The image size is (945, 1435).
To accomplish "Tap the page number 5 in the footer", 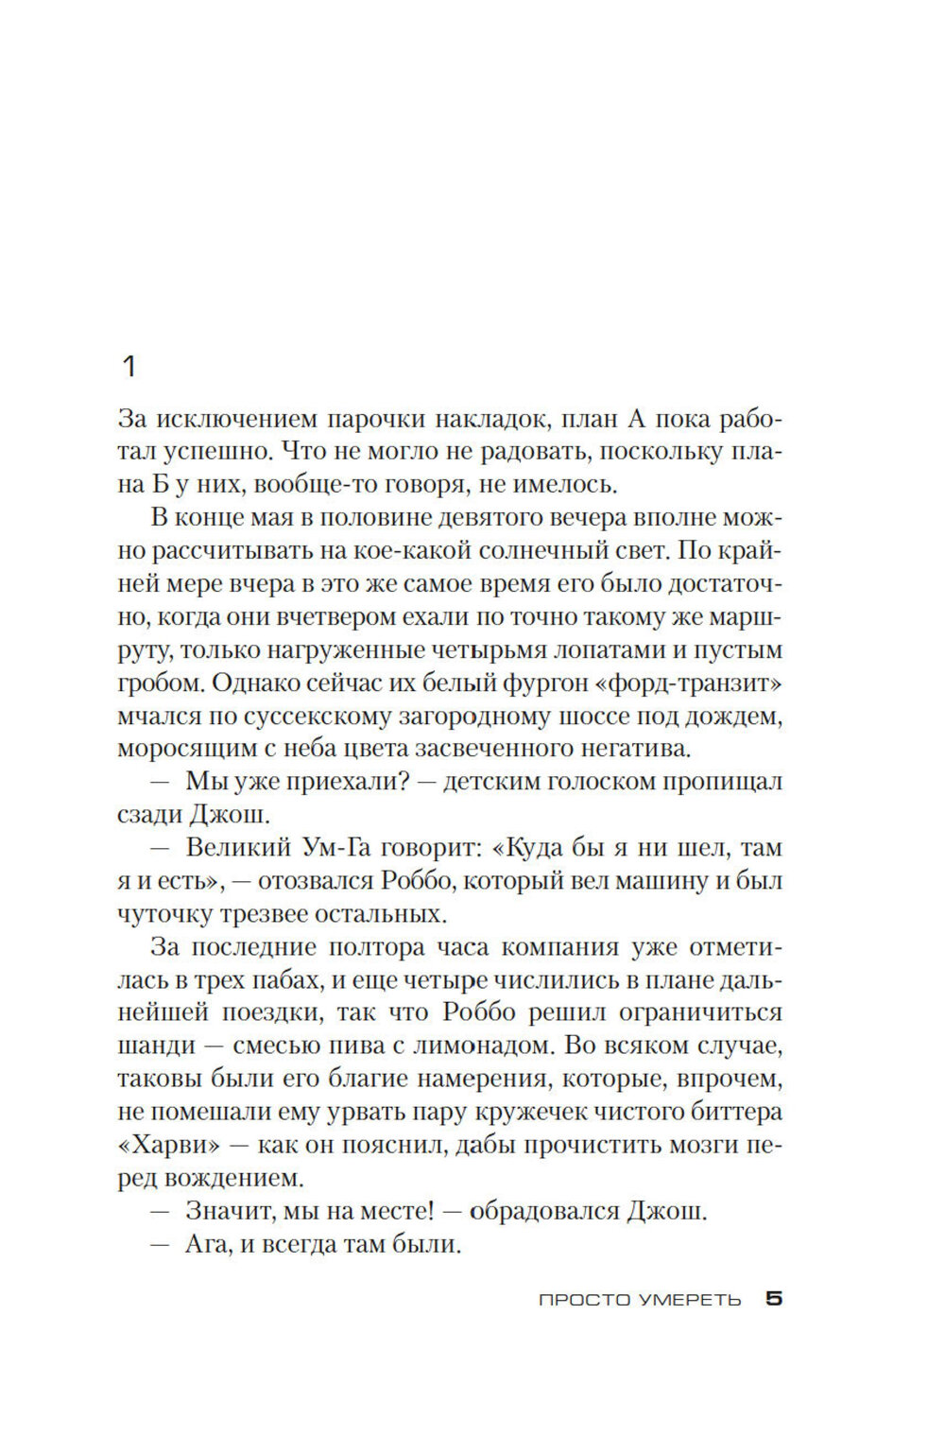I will point(774,1299).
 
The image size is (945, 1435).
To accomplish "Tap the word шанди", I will point(156,1046).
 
